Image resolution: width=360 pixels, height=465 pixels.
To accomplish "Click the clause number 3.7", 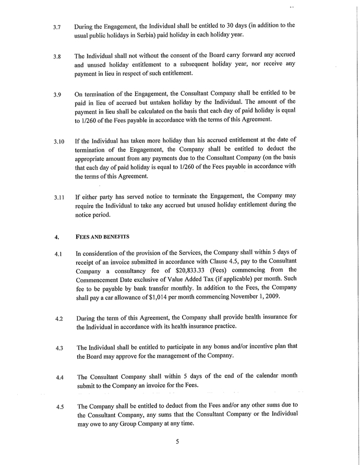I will (x=57, y=27).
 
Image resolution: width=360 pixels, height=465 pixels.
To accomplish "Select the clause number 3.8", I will (x=57, y=56).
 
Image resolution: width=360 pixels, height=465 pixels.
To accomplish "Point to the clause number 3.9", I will (x=57, y=96).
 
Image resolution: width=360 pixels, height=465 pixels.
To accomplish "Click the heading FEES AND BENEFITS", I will (x=102, y=236).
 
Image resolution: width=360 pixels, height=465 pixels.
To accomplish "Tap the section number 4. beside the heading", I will (x=56, y=237).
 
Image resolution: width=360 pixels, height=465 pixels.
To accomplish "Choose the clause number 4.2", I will (x=58, y=318).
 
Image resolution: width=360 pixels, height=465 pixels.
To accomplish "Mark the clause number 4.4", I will (x=58, y=377).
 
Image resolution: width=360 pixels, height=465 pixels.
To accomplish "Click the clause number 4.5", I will (x=58, y=407).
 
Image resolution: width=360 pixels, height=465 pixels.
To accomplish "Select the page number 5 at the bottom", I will (x=177, y=442).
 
